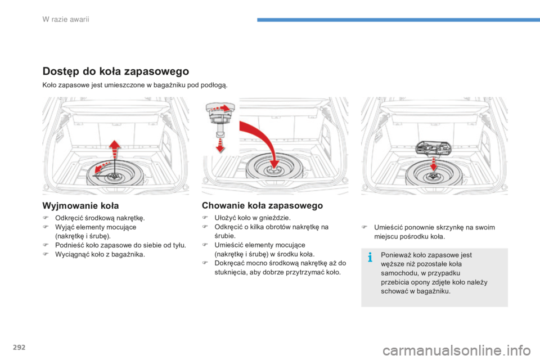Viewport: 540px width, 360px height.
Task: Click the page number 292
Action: click(x=19, y=347)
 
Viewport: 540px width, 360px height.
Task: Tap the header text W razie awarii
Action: click(x=66, y=19)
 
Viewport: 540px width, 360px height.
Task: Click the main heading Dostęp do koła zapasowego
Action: click(x=116, y=71)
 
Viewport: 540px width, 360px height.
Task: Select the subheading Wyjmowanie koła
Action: click(x=80, y=206)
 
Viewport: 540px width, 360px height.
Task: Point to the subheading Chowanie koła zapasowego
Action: click(x=263, y=206)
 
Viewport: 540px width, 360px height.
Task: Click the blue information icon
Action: click(x=370, y=257)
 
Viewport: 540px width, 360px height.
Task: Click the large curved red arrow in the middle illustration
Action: click(x=262, y=141)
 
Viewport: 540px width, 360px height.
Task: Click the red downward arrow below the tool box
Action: click(x=434, y=164)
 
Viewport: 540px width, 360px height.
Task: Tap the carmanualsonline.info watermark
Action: click(x=457, y=350)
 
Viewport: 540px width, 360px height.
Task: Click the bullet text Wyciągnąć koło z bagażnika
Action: click(x=100, y=254)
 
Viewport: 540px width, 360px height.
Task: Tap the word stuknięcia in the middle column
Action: click(x=229, y=272)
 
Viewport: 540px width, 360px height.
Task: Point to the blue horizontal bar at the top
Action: click(x=398, y=20)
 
